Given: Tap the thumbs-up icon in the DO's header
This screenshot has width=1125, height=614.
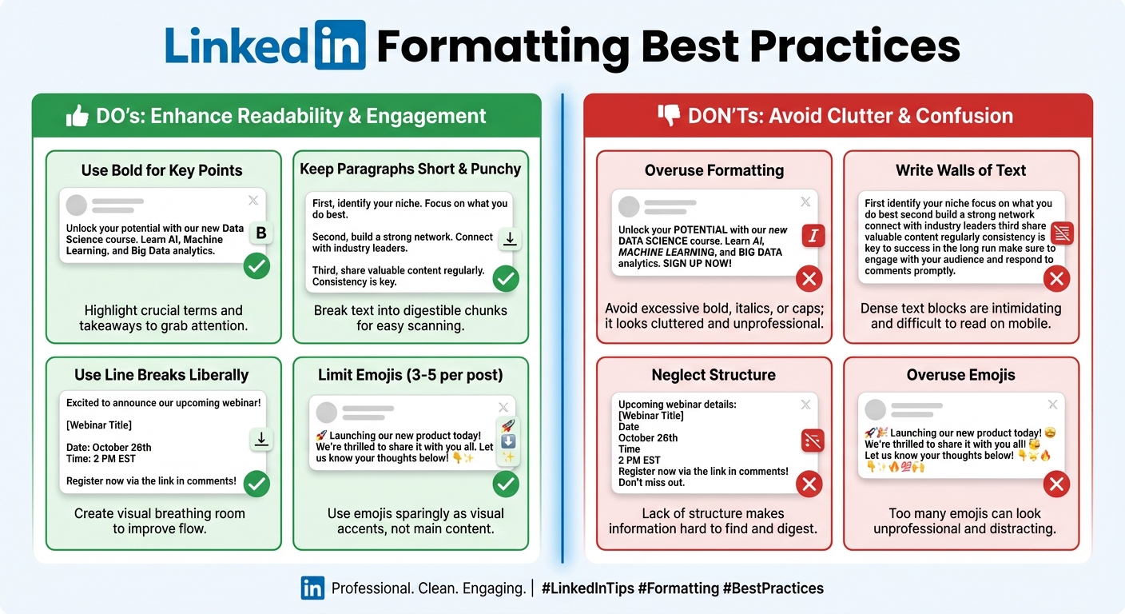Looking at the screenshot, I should pyautogui.click(x=78, y=117).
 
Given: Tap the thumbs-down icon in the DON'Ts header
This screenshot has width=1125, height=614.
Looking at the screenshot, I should pyautogui.click(x=668, y=116).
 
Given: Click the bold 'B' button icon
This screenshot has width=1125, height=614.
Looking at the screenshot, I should pyautogui.click(x=261, y=233).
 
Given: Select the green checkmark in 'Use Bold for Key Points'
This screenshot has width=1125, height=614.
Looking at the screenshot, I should pyautogui.click(x=256, y=266).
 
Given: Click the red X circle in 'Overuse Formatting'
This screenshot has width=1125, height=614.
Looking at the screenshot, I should pyautogui.click(x=809, y=279).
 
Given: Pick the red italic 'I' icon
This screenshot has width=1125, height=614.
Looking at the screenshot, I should pyautogui.click(x=813, y=236).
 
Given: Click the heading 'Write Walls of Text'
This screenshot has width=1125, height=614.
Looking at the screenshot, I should pyautogui.click(x=960, y=170).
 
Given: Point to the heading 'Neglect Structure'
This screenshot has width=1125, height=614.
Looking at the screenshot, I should pyautogui.click(x=714, y=375).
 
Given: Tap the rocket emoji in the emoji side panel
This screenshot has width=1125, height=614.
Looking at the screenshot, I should pyautogui.click(x=507, y=426).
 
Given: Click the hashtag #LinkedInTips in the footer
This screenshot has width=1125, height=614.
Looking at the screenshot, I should pyautogui.click(x=587, y=588).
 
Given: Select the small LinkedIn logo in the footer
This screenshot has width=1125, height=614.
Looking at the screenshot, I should pyautogui.click(x=312, y=588).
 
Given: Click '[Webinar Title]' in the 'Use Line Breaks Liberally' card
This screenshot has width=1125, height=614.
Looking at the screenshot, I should pyautogui.click(x=99, y=425).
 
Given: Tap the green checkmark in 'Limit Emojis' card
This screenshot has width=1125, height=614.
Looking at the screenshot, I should pyautogui.click(x=506, y=484).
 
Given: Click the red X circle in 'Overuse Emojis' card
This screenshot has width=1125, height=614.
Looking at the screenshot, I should pyautogui.click(x=1057, y=484).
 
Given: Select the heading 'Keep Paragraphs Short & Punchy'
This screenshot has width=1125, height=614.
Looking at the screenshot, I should pyautogui.click(x=410, y=169).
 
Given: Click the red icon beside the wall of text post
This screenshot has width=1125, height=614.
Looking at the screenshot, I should pyautogui.click(x=1063, y=233).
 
